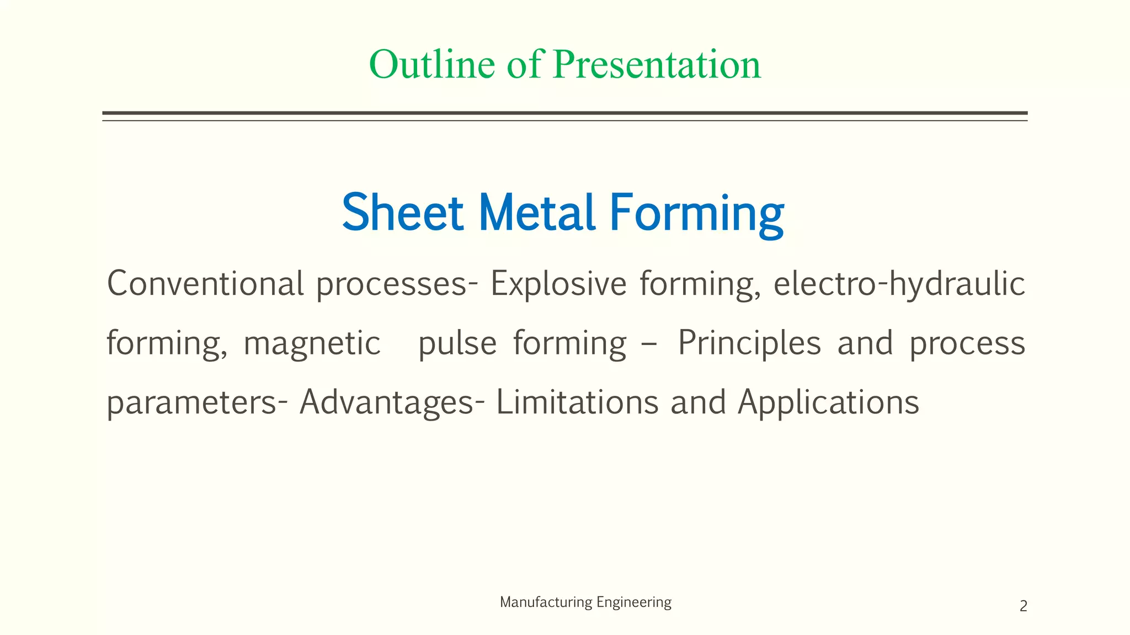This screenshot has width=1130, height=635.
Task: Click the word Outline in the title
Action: point(432,64)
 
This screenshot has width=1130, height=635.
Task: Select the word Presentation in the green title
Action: point(657,64)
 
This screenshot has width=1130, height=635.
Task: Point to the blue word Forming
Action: point(696,214)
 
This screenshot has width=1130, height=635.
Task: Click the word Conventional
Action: point(205,283)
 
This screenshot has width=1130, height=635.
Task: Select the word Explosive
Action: point(558,283)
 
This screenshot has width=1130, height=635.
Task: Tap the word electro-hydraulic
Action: point(899,284)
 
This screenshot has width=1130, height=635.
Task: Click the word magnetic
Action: point(312,343)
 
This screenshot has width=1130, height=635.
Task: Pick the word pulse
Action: point(457,343)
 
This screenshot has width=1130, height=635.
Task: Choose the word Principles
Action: point(749,343)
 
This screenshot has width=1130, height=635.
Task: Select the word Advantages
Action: point(387,403)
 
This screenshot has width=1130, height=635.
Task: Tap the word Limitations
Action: point(577,402)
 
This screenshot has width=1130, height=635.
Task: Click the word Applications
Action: point(828,403)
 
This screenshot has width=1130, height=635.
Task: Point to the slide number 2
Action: point(1023,606)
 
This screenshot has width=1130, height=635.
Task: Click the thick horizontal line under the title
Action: point(564,113)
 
